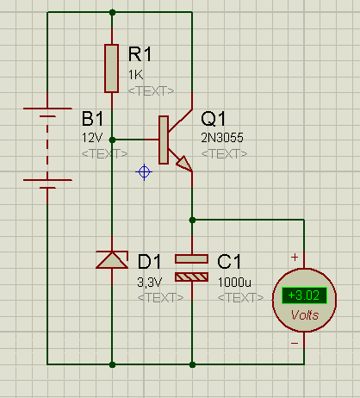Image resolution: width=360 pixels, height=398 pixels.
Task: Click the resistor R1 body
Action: point(111,68)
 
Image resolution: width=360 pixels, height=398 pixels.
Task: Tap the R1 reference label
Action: point(140,53)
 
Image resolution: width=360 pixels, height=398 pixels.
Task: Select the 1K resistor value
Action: point(135,75)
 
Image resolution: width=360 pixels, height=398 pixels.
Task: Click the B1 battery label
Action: point(92,118)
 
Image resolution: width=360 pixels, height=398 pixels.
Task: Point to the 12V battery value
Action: point(92,138)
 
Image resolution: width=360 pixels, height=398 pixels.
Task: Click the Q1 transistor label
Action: point(214,119)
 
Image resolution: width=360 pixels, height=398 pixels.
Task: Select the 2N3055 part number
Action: point(222,138)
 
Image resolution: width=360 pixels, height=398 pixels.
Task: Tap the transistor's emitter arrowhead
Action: point(184,164)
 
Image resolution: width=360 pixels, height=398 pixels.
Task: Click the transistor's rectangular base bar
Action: point(164,140)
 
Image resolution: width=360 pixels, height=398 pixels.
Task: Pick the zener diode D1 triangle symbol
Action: point(112,260)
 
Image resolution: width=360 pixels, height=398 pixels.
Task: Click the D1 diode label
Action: point(149,262)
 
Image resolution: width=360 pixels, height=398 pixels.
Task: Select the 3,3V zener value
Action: point(150,283)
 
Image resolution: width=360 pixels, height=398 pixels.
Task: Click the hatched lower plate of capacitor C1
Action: point(191,277)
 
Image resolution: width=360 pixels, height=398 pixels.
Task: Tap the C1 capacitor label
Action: point(229,262)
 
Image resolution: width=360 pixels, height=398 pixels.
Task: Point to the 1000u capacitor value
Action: point(234,283)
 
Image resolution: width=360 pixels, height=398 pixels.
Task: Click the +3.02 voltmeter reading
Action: point(304,295)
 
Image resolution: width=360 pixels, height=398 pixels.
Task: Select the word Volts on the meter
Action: point(305,315)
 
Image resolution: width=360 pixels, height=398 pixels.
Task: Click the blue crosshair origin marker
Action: point(144,172)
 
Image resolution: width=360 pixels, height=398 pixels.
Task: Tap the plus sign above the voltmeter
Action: point(295,257)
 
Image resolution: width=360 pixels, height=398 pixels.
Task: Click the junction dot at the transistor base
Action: point(112,140)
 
